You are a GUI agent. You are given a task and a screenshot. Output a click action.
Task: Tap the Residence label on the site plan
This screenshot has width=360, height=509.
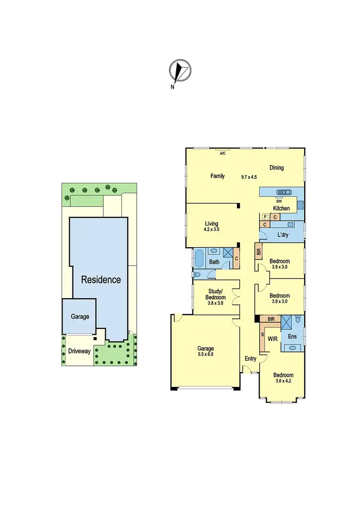coord(101,279)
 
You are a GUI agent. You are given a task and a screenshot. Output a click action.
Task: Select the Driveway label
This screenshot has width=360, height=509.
coord(79,351)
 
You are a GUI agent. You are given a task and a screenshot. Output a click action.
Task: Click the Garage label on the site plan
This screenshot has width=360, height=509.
coord(80,316)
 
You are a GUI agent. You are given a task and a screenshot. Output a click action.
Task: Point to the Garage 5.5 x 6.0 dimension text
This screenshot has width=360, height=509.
coord(205,354)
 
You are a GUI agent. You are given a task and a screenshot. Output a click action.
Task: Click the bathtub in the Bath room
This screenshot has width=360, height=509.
coord(199,258)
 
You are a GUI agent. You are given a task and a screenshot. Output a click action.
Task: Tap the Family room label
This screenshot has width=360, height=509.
coord(218,176)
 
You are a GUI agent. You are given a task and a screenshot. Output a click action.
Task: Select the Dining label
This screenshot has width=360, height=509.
coord(276,168)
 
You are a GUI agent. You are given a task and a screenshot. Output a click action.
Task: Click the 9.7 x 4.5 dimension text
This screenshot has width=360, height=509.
coord(249,177)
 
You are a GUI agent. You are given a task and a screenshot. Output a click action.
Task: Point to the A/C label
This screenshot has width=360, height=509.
coord(222,154)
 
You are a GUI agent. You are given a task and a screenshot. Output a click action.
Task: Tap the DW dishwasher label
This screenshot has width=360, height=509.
coord(278,200)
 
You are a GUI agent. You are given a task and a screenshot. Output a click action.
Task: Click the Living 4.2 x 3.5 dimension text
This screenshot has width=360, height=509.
coord(211,230)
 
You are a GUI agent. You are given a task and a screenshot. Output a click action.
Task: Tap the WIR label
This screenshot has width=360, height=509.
coord(273,339)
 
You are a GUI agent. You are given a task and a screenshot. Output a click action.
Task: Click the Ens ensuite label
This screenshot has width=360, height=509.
coord(291,337)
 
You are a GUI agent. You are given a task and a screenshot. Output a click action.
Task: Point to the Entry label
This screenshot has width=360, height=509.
coord(251,359)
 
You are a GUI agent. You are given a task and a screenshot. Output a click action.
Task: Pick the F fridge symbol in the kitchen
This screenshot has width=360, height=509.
coord(264,217)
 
